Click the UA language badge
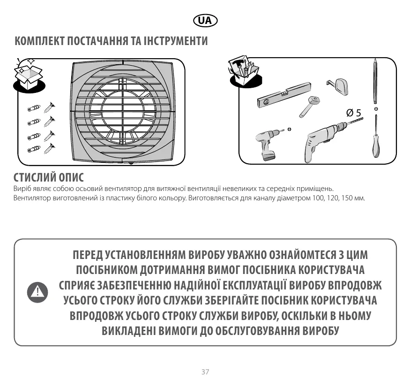point(205,21)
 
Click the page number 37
point(205,372)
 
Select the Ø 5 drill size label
point(354,113)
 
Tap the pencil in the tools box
point(375,81)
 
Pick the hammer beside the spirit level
point(309,107)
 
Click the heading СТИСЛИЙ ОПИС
point(49,178)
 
